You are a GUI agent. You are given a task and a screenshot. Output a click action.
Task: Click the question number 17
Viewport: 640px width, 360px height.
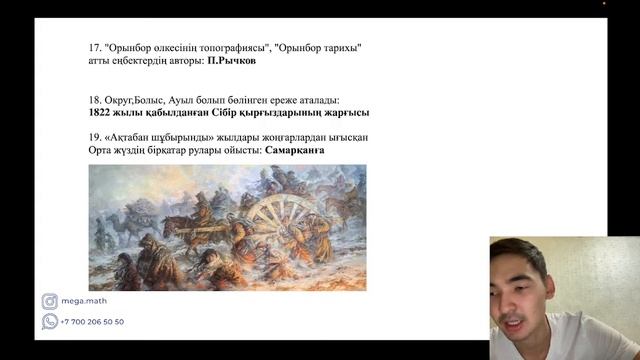[x=94, y=47]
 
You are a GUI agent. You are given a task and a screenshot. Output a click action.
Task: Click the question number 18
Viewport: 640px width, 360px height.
[x=94, y=99]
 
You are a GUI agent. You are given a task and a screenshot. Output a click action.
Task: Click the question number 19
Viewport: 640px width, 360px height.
[x=94, y=136]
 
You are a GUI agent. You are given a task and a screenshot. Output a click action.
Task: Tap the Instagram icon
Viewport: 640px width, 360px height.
[x=49, y=302]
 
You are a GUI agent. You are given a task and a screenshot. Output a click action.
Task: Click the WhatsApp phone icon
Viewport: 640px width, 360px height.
[x=49, y=322]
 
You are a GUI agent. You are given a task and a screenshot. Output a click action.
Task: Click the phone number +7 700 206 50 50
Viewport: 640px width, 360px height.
[x=92, y=322]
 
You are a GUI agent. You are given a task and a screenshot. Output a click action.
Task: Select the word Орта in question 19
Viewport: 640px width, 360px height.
[x=101, y=150]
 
